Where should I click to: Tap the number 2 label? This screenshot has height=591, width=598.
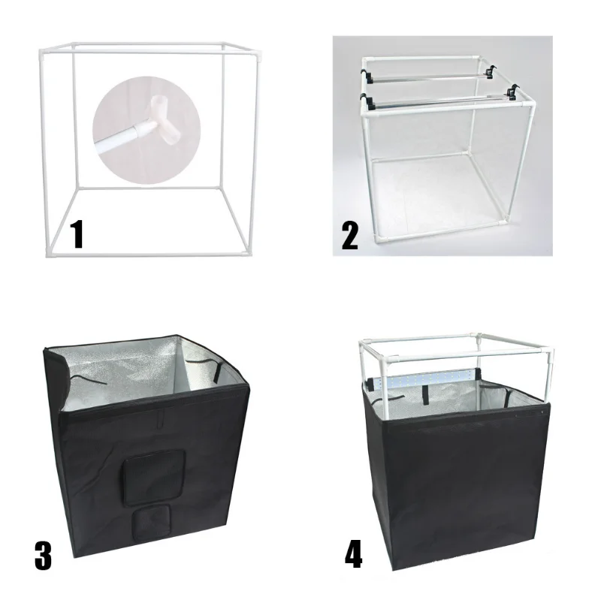[x=349, y=234]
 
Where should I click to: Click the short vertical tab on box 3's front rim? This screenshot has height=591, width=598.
[x=159, y=421]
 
